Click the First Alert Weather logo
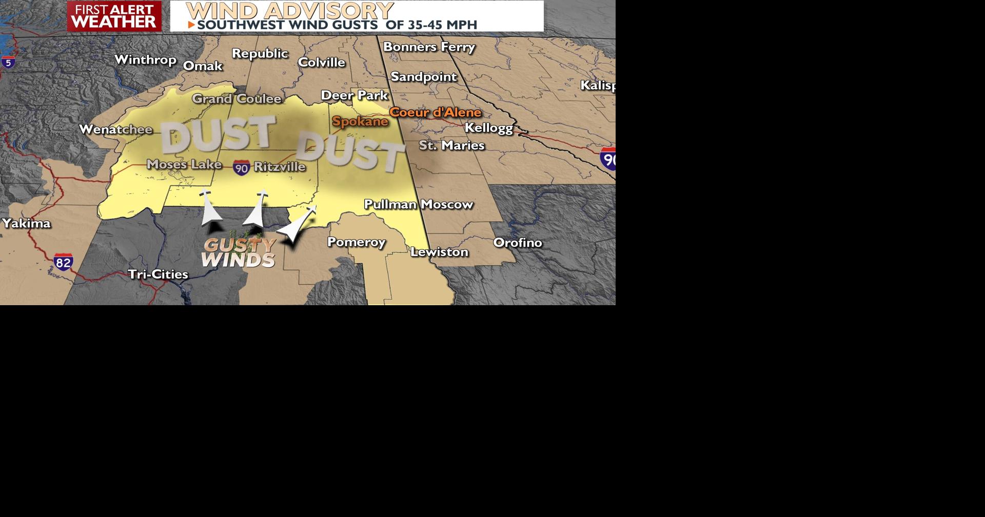coord(114,16)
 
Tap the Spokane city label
coord(360,122)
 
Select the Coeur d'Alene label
coord(436,112)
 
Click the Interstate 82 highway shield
coord(63,262)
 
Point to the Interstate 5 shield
coord(8,63)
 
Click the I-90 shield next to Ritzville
coord(242,167)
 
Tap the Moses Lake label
coord(184,164)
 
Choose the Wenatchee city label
coord(116,129)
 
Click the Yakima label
coord(27,223)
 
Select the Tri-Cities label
coord(158,274)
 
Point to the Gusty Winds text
coord(239,252)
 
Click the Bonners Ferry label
coord(429,47)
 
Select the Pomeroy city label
coord(357,242)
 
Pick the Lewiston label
coord(439,252)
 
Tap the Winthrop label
coord(146,60)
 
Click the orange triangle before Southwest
coord(191,25)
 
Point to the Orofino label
coord(518,243)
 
